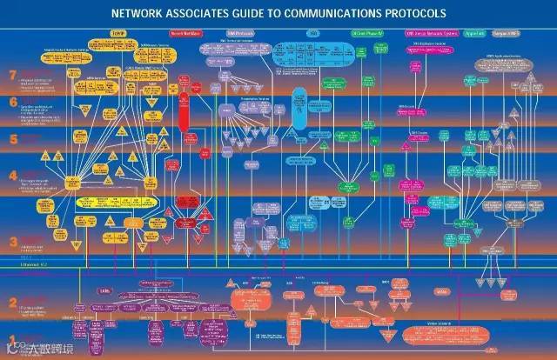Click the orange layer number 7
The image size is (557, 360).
point(12,75)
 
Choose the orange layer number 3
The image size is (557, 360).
point(12,242)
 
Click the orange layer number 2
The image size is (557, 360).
point(12,303)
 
